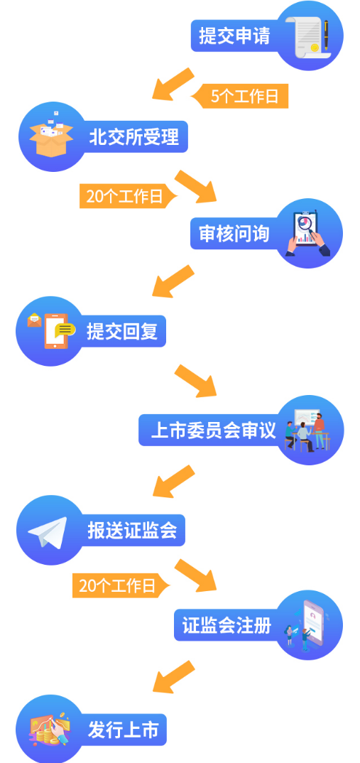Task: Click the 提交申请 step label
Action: pos(234,36)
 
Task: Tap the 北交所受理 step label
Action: pos(133,136)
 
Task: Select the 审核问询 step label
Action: pos(234,234)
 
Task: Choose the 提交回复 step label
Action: pos(122,331)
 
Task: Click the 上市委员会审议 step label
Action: pos(213,430)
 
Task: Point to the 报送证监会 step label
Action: pos(132,530)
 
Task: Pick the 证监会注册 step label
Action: pos(227,624)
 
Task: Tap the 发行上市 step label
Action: pos(123,730)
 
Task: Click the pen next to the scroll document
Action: pos(326,35)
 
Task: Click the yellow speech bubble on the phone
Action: pos(65,330)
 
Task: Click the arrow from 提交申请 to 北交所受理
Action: pos(173,84)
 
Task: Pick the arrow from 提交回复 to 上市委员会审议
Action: pos(195,381)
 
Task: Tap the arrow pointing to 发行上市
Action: pos(174,676)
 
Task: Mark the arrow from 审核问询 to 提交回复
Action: pos(173,281)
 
